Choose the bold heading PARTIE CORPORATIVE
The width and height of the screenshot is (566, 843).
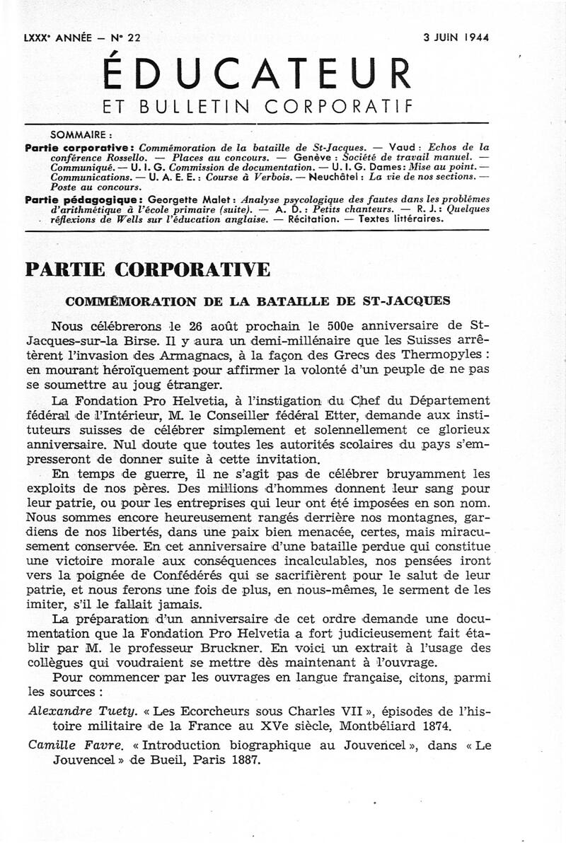point(147,270)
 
